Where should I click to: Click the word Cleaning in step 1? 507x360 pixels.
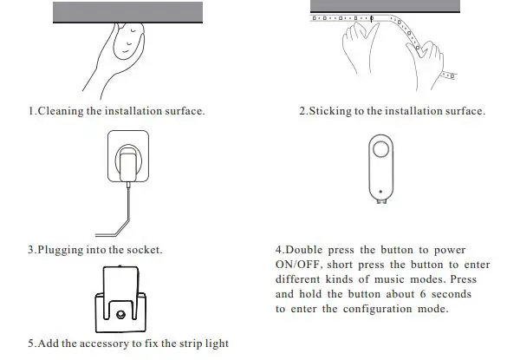point(62,111)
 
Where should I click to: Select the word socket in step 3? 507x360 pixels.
point(142,250)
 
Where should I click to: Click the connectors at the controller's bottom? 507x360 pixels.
point(380,200)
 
